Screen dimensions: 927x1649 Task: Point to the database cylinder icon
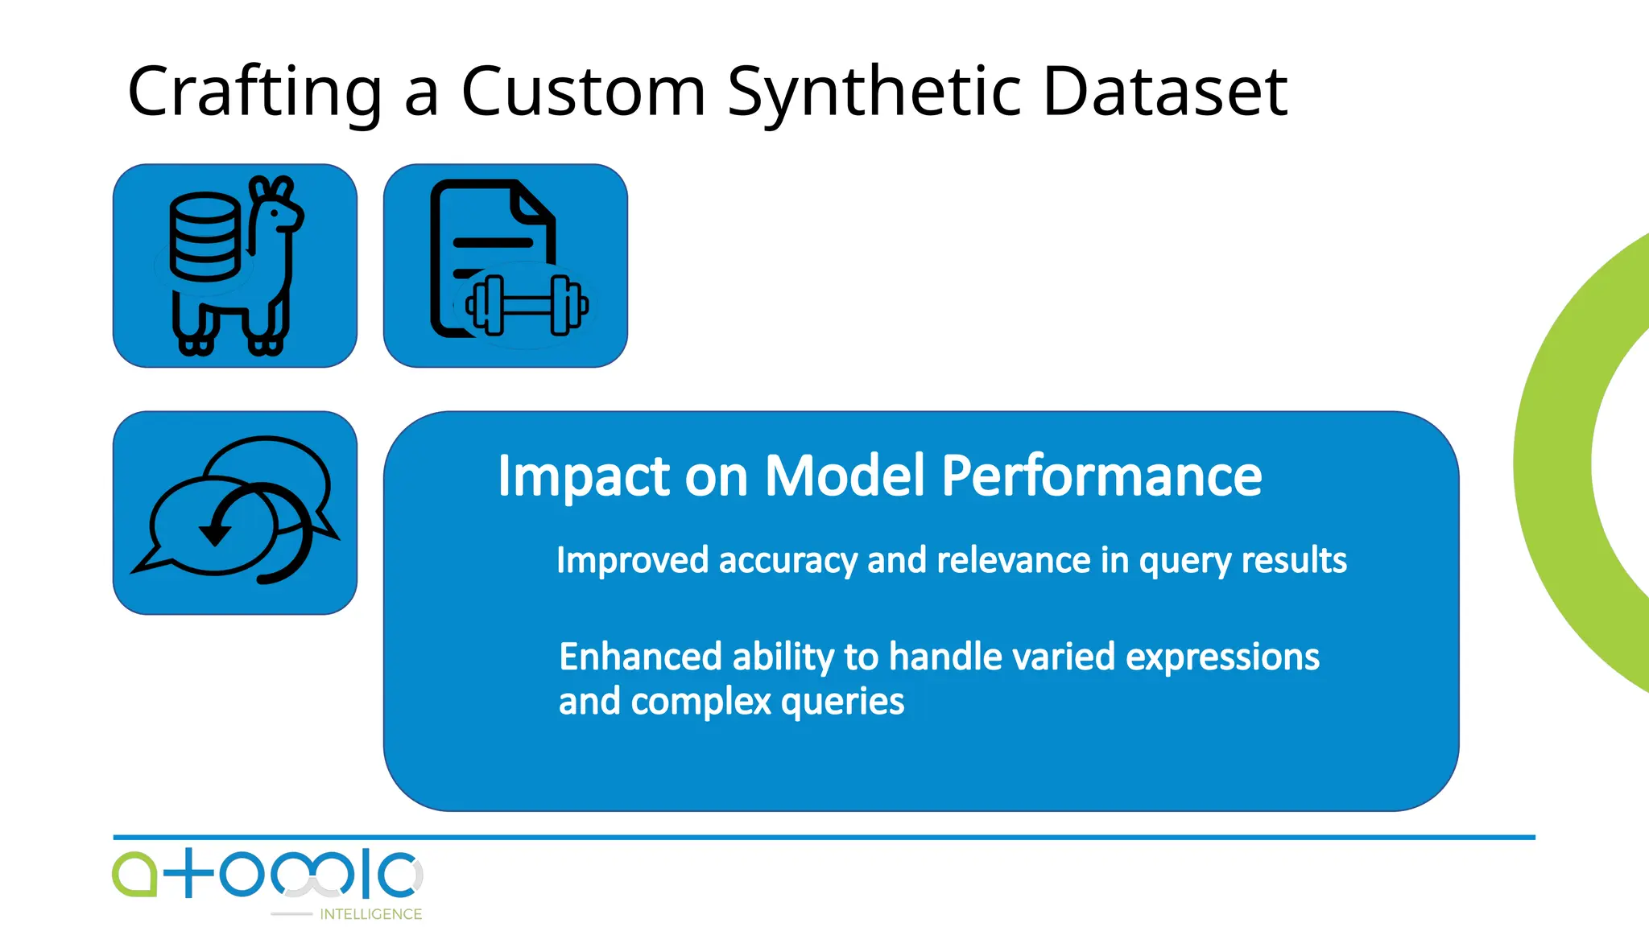(205, 237)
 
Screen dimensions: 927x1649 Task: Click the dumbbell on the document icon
(527, 305)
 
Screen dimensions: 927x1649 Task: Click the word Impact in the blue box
(582, 476)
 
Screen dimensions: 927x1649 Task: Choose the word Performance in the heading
(1101, 476)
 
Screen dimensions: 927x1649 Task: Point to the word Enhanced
(640, 657)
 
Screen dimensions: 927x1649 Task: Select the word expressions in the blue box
(1221, 657)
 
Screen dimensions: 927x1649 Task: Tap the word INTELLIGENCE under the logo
(370, 914)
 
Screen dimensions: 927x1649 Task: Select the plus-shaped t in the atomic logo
(188, 873)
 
